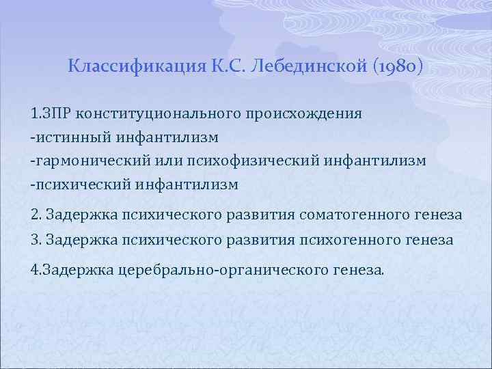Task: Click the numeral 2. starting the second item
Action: [x=36, y=215]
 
